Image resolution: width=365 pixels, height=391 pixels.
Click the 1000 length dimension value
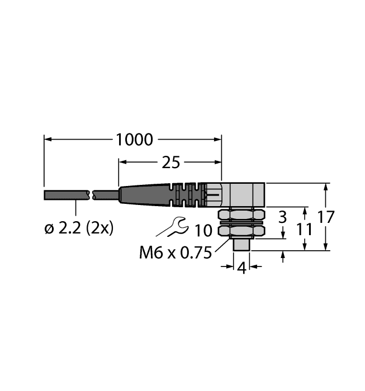[x=134, y=140]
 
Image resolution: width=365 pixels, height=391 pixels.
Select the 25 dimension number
[x=170, y=163]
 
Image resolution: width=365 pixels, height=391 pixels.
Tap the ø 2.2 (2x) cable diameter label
[x=78, y=228]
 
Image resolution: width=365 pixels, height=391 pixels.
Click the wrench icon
[x=171, y=227]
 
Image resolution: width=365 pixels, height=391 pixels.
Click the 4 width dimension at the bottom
[x=241, y=268]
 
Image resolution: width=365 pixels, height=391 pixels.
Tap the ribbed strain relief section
[x=185, y=195]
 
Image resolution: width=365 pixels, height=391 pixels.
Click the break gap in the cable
[x=92, y=195]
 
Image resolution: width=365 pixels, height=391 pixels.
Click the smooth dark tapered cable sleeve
[x=143, y=195]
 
